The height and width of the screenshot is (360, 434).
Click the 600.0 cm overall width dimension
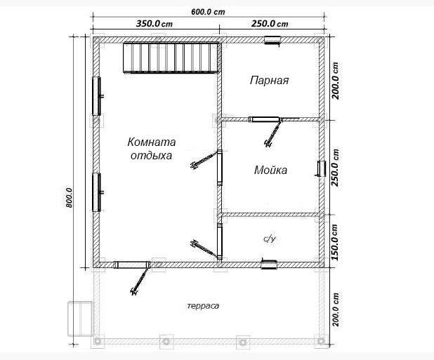pos(208,12)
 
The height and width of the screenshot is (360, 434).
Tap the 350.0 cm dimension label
pos(154,23)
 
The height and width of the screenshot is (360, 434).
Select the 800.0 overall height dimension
pos(69,198)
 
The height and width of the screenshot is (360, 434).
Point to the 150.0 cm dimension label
pos(335,242)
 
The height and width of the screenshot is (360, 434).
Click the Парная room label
pos(269,81)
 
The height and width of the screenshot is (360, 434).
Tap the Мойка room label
pos(270,170)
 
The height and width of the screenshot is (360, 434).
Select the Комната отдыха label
pos(152,149)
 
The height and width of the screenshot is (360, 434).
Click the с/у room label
pos(270,239)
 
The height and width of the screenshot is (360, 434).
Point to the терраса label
pos(203,306)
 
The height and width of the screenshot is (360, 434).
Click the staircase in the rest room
pos(171,58)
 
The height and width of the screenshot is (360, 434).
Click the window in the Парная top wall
pos(272,40)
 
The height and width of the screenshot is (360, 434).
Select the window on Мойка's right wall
pos(321,168)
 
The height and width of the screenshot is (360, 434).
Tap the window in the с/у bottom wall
pos(269,265)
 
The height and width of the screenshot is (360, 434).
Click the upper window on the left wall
pos(97,96)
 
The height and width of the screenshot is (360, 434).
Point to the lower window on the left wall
pos(97,192)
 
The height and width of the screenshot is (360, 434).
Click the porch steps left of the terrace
pos(80,319)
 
